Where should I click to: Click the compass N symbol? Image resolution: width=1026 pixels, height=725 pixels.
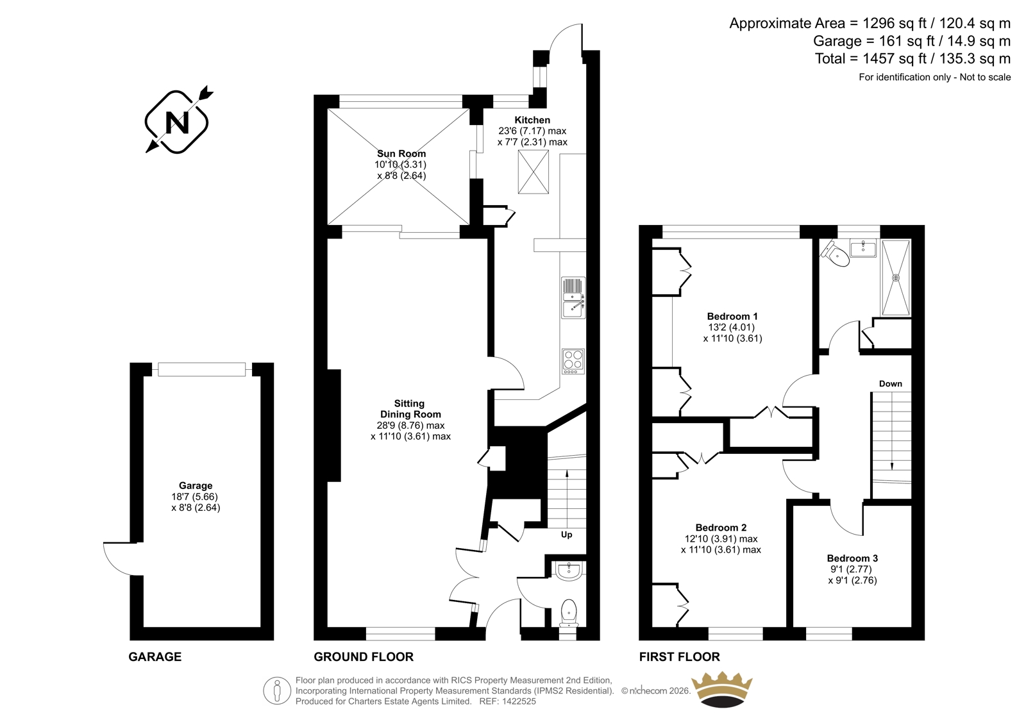[178, 121]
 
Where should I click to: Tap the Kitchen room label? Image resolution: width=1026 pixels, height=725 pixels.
[532, 120]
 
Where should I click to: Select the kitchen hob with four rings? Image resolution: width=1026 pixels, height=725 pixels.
[573, 362]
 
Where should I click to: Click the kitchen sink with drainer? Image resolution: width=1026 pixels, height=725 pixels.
[573, 297]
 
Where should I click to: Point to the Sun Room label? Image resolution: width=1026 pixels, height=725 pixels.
[401, 154]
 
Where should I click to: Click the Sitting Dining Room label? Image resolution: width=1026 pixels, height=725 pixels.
[410, 409]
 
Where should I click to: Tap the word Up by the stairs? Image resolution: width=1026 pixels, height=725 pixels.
[567, 535]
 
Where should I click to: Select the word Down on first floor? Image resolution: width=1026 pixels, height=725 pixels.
[891, 384]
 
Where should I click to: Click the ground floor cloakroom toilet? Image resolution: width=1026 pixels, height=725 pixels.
[569, 613]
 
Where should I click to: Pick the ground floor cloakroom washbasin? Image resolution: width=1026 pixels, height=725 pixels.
[569, 571]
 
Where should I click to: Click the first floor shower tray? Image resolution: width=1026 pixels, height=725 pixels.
[896, 278]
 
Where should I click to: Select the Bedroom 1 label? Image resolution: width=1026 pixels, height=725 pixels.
[732, 317]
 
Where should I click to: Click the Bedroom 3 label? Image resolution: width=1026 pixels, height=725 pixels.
[852, 558]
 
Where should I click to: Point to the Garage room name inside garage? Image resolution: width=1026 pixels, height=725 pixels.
[196, 485]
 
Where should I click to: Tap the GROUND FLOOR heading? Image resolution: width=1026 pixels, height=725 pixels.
[364, 657]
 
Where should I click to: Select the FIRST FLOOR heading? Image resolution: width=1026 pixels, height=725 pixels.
[680, 657]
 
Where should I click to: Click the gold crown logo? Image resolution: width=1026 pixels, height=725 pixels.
[722, 690]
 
